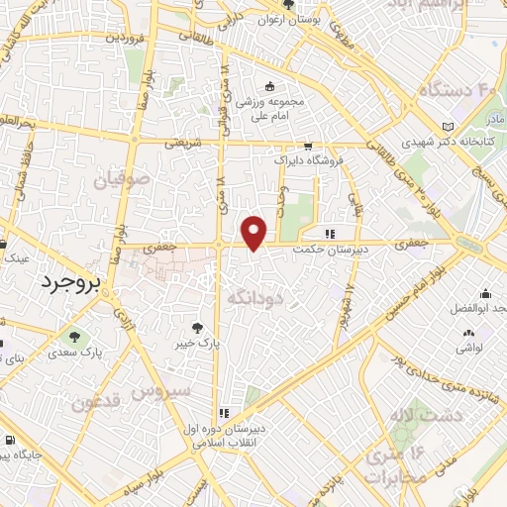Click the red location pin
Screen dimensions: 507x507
(x=255, y=232)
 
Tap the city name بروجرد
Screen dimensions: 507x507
(x=72, y=284)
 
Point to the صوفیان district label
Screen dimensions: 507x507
(x=122, y=181)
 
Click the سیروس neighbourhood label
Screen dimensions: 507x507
(x=166, y=391)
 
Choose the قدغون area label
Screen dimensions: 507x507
(x=96, y=403)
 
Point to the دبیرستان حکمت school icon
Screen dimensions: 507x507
(x=330, y=235)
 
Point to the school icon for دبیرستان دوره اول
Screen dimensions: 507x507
(x=224, y=413)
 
